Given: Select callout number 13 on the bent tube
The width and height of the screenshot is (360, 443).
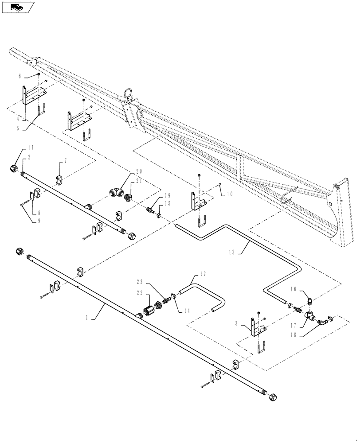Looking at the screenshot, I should [231, 252].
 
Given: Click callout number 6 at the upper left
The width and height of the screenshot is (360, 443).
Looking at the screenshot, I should [20, 76].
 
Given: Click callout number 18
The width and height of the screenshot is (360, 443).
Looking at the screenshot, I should [305, 336].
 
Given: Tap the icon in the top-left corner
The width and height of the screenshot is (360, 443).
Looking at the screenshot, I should [18, 7].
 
